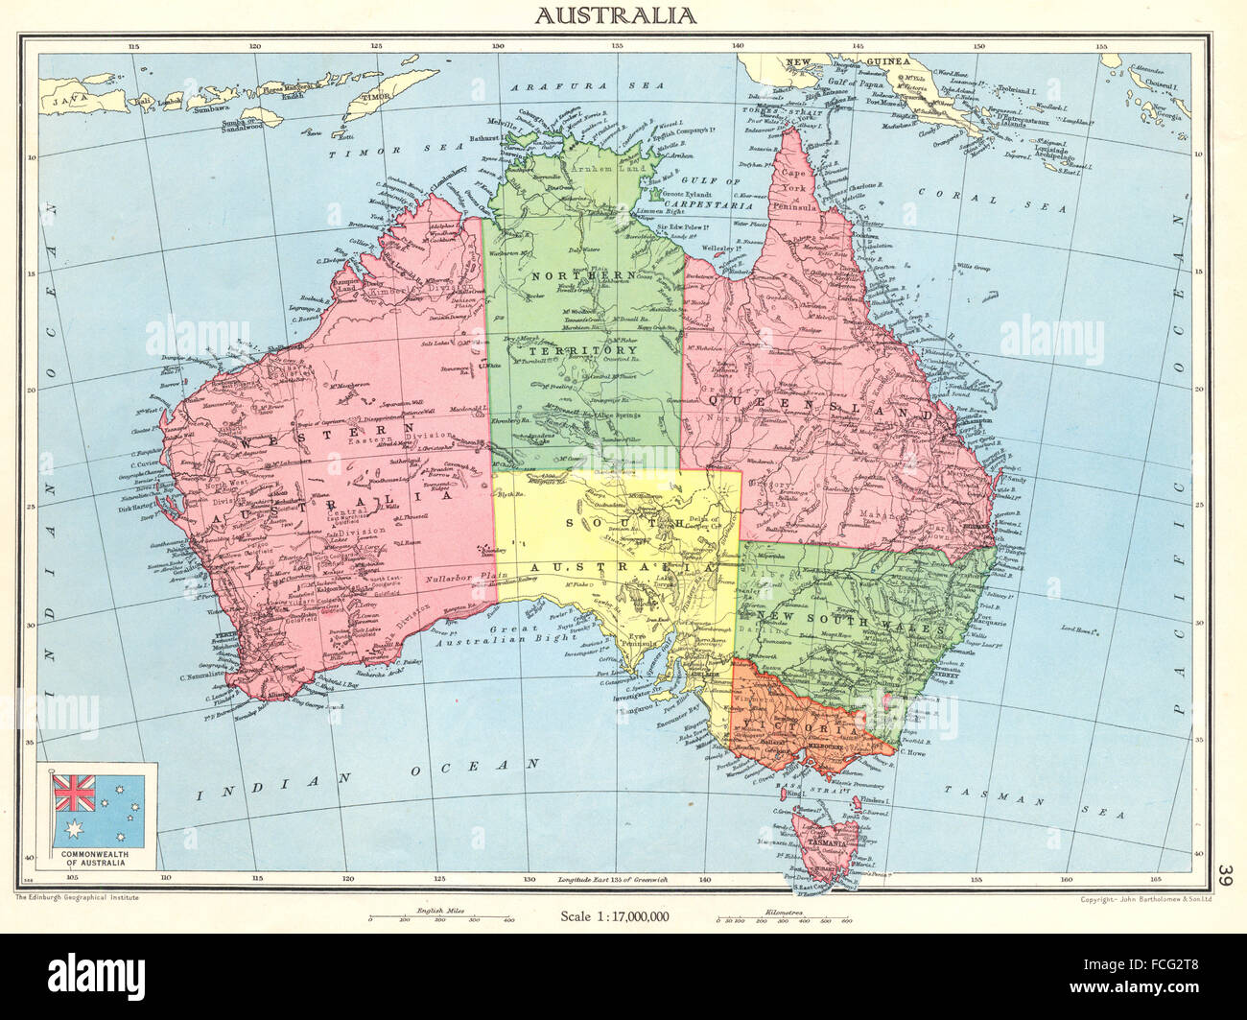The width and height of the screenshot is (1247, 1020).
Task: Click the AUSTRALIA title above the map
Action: pos(615,15)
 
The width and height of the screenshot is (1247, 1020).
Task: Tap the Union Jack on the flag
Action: pos(69,793)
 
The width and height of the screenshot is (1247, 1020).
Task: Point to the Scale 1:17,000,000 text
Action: pos(615,915)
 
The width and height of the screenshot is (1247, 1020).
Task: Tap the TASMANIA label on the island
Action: pos(827,843)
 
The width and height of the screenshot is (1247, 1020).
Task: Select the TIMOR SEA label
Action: pos(405,152)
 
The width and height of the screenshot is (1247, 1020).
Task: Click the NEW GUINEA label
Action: pos(847,61)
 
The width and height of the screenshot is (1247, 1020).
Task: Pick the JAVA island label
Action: pos(69,99)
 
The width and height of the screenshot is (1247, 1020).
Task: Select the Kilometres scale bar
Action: pos(784,918)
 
